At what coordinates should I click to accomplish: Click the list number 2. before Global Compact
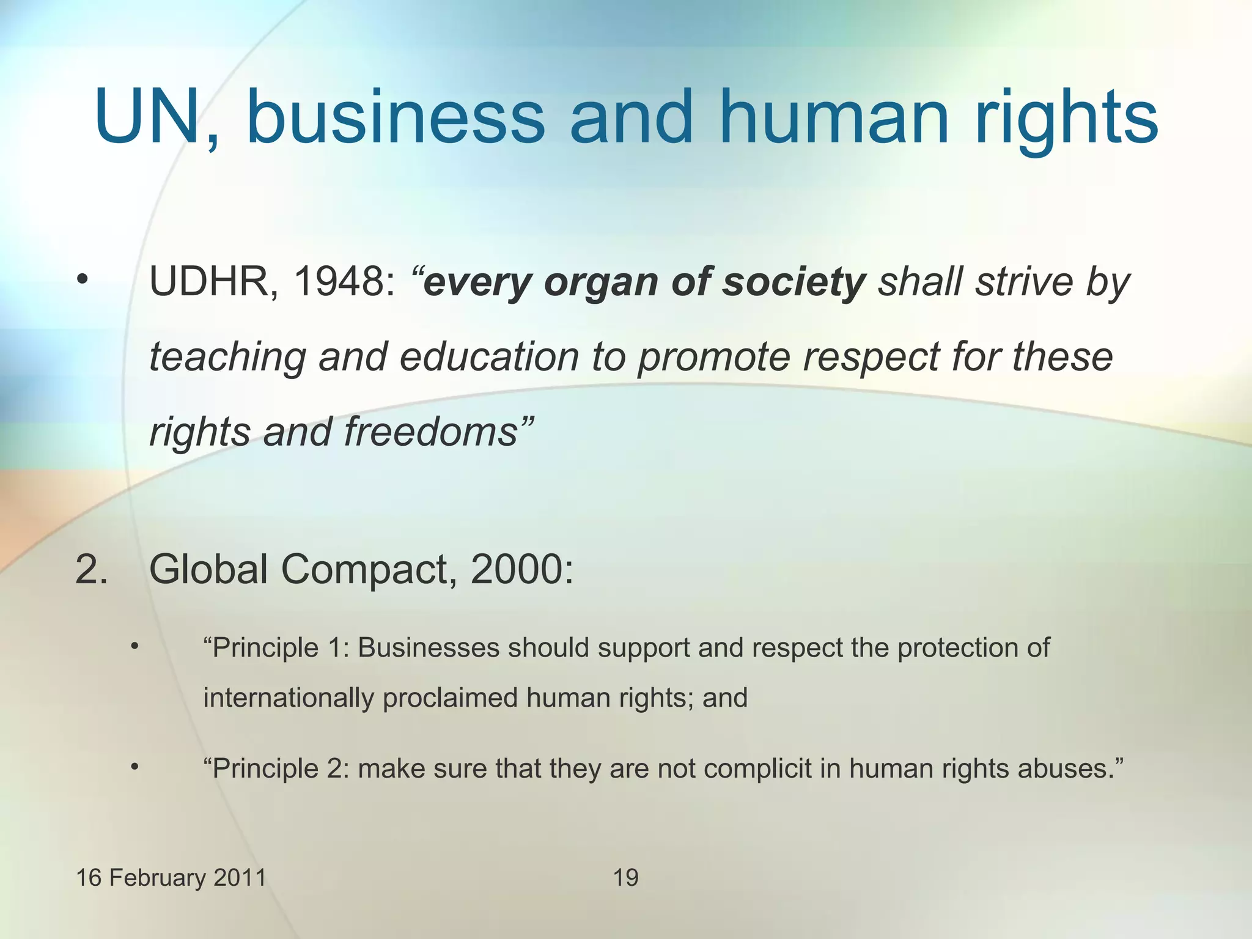pyautogui.click(x=91, y=569)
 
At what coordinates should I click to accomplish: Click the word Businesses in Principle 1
pyautogui.click(x=428, y=648)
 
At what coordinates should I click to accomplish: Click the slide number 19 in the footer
pyautogui.click(x=625, y=878)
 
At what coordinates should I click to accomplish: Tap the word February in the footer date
pyautogui.click(x=150, y=878)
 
